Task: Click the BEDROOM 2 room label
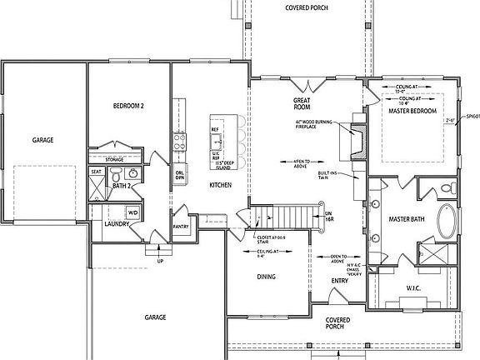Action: (129, 107)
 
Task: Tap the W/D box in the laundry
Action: (132, 213)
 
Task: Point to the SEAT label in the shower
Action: (96, 172)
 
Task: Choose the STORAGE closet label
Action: (115, 158)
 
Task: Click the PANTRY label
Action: (181, 226)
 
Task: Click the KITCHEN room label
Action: (220, 184)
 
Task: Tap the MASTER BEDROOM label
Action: (413, 112)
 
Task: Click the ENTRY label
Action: (339, 281)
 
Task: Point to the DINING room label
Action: (267, 277)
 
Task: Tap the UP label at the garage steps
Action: (160, 261)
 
